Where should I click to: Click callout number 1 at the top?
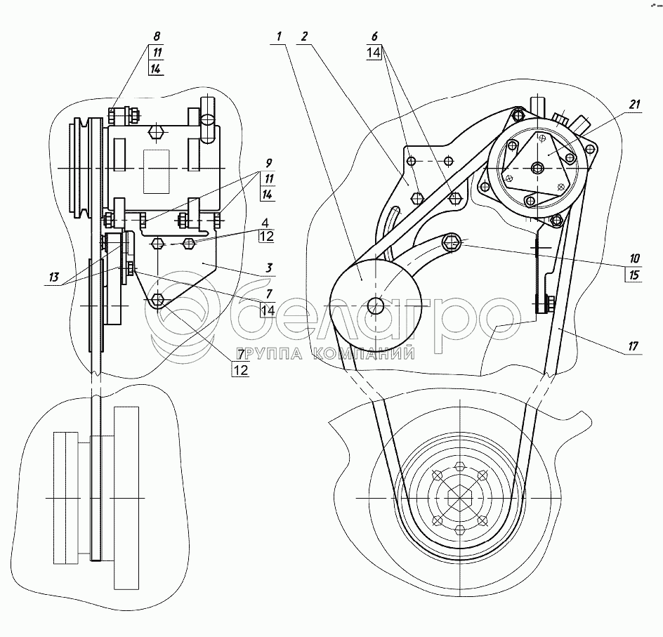click(279, 37)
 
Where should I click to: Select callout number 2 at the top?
click(304, 37)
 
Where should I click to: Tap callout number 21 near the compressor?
click(634, 105)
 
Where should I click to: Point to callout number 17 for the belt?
click(633, 347)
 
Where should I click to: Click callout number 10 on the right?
click(634, 258)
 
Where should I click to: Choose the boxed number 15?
click(634, 275)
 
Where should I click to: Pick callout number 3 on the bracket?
click(268, 268)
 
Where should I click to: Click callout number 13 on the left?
click(53, 277)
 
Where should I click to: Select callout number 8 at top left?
click(157, 37)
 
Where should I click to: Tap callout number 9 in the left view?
click(268, 163)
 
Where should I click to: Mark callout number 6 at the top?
click(374, 37)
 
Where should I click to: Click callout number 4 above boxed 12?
click(265, 223)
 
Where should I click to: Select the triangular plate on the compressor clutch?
click(539, 168)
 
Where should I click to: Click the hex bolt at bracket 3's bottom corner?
click(158, 299)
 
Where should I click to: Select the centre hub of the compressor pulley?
click(538, 168)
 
